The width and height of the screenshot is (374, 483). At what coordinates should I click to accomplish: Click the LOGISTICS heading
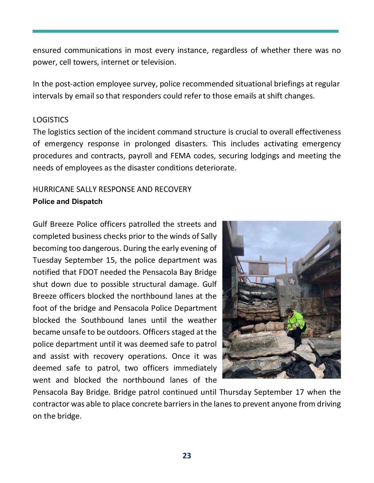point(51,120)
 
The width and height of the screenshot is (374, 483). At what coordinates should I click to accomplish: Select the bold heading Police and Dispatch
point(67,202)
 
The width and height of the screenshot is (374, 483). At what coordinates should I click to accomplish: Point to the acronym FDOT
point(88,272)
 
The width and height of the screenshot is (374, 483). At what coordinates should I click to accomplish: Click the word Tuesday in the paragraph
point(48,260)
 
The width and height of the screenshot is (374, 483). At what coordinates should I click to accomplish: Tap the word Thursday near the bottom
point(235,392)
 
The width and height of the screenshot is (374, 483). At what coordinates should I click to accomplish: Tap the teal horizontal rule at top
point(186,31)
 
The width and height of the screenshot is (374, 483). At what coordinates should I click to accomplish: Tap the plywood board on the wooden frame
point(258,268)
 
